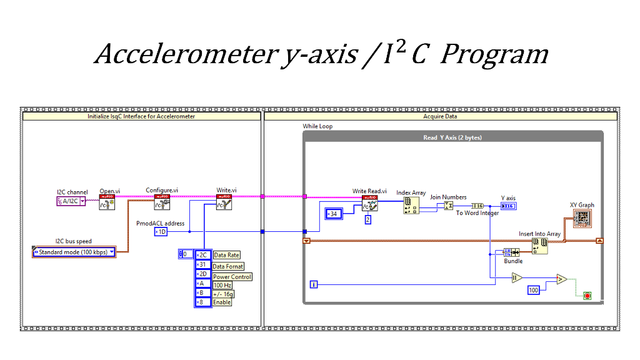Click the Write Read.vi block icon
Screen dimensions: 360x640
369,204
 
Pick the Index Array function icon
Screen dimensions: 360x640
411,206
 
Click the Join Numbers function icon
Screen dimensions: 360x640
448,206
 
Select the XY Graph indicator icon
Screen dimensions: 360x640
582,218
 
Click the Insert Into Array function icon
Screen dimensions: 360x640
539,246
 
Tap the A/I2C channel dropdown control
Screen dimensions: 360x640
71,201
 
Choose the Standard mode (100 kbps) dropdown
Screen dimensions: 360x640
74,252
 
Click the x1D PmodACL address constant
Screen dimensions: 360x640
161,232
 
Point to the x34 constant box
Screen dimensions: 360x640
331,214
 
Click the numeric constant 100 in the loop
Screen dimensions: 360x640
533,291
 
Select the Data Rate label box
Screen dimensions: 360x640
226,255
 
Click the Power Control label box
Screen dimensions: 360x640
232,277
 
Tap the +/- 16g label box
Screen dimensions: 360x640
223,294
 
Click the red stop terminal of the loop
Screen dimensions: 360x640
587,295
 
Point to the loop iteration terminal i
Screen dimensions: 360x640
314,285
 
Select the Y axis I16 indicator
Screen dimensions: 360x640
508,206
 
